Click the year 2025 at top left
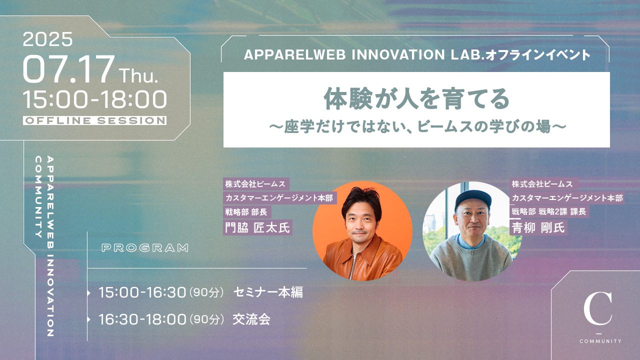47,39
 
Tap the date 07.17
68,69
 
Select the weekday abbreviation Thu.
138,75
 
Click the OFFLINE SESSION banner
95,120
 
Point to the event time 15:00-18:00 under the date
95,99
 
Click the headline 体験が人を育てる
416,98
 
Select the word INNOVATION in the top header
398,55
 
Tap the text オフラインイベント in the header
537,55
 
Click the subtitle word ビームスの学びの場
484,126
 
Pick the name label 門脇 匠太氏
257,227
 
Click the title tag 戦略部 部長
247,212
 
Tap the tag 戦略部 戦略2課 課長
549,211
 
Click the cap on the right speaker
473,199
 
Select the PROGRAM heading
145,248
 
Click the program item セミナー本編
268,292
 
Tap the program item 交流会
251,319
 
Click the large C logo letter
597,308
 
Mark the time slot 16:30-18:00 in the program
142,319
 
